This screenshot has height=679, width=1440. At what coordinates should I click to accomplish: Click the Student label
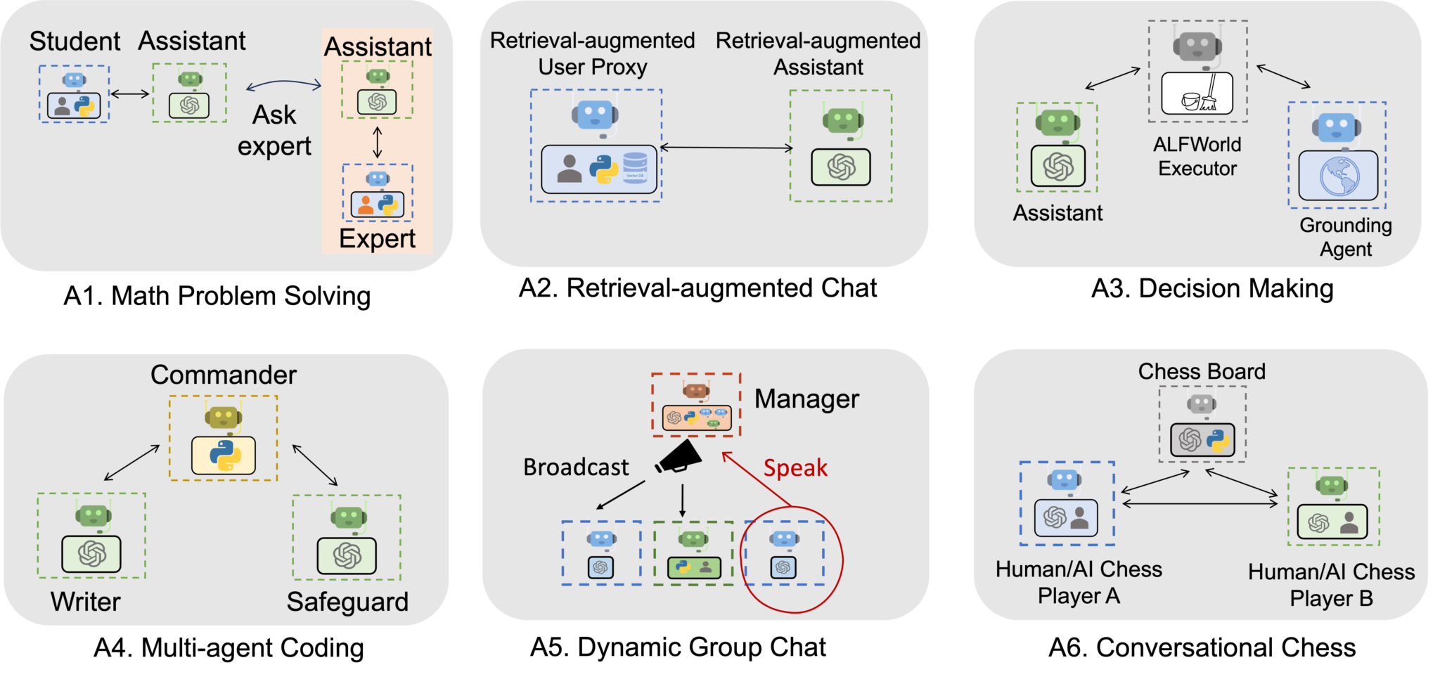point(75,41)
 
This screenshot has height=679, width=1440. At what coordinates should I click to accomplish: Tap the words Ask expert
point(274,131)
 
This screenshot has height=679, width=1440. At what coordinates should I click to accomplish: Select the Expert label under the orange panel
point(377,239)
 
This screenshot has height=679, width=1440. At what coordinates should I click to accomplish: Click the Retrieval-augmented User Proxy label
point(592,53)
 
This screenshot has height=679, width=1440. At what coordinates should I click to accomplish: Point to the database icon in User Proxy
point(635,168)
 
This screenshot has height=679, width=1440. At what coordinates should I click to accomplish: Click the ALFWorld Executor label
point(1197,156)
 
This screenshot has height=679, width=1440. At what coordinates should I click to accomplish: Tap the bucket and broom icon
point(1197,94)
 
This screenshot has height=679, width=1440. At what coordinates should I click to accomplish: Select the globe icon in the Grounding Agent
point(1339,176)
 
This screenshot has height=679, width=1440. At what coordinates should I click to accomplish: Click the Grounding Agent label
point(1345,237)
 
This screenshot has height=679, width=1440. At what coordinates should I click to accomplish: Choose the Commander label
point(224,375)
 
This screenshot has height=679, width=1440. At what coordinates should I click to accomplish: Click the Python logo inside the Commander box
point(224,455)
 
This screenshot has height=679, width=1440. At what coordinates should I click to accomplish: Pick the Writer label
point(86,602)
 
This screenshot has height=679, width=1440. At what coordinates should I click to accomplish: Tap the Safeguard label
point(347,602)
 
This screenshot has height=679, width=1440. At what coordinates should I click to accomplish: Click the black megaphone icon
point(679,457)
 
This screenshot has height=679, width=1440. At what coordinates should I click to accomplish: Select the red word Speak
point(795,468)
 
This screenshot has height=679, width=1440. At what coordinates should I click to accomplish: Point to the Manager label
point(806,399)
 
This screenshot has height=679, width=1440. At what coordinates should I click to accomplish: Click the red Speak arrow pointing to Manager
point(756,479)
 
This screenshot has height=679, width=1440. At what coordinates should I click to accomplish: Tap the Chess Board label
point(1202,372)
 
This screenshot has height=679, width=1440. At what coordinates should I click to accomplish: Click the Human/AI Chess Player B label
point(1331,586)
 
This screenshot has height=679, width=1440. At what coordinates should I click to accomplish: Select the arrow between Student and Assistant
point(131,93)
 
